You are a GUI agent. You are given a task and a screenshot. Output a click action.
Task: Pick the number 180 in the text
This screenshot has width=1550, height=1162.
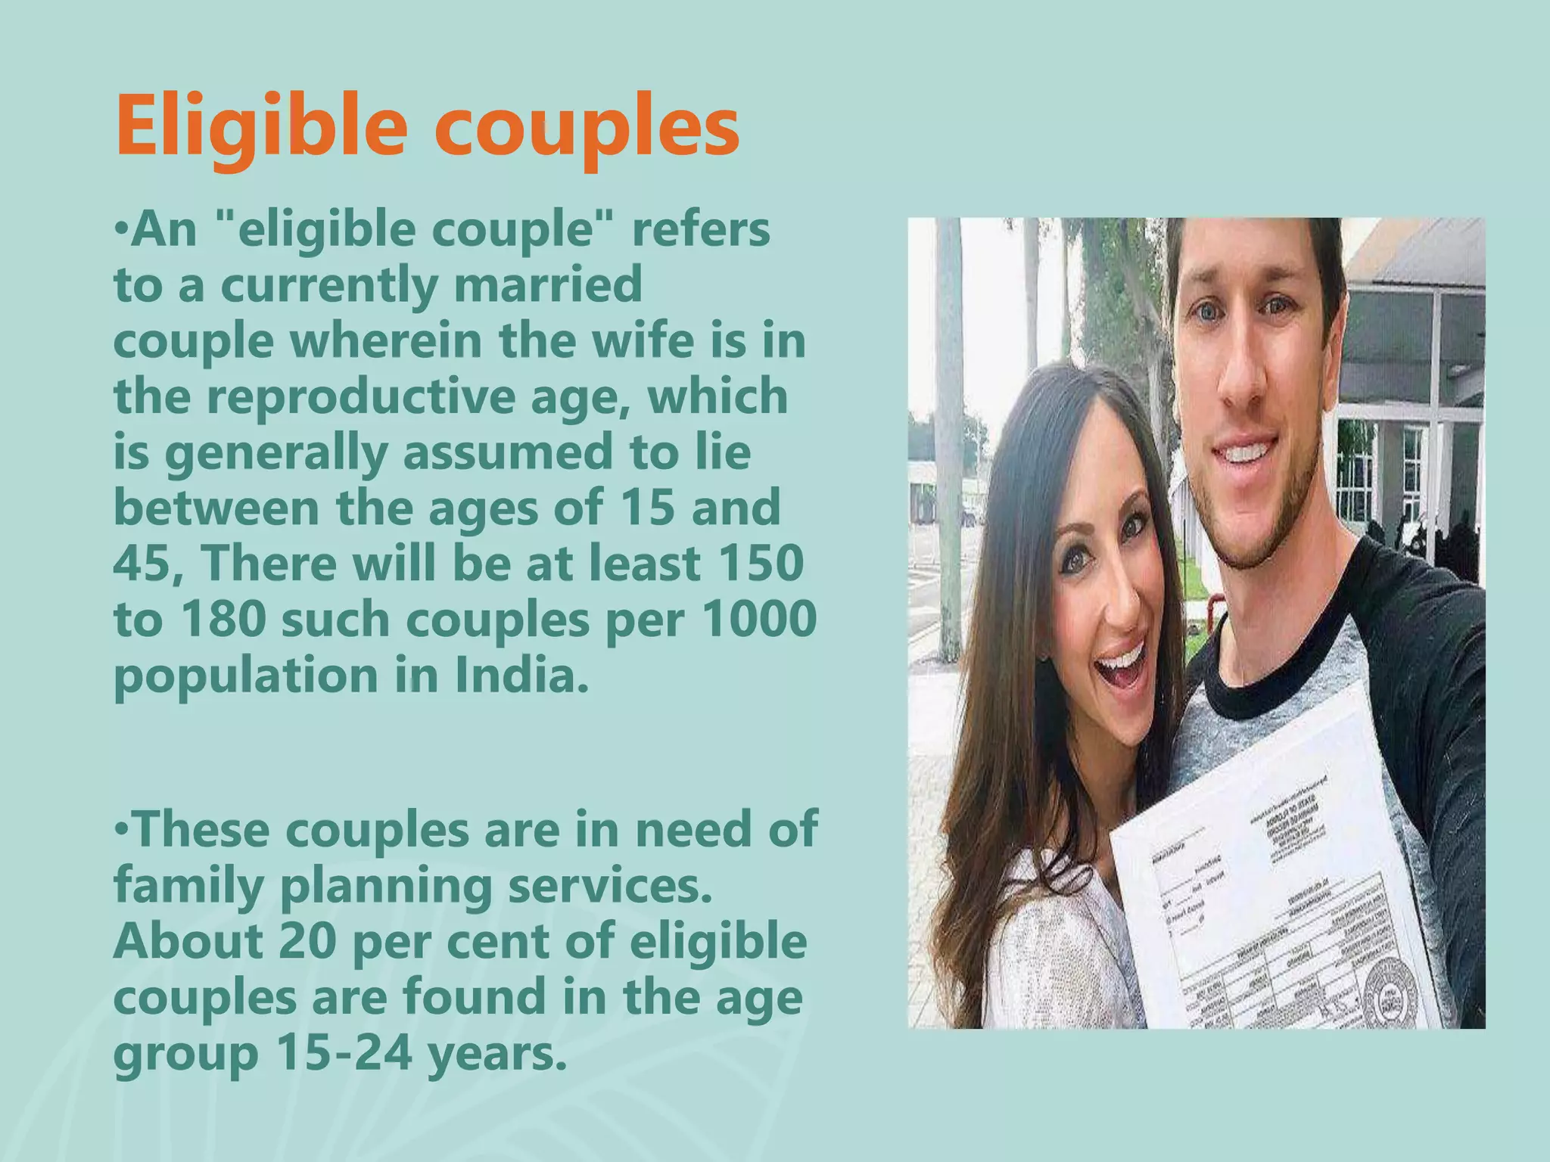(223, 619)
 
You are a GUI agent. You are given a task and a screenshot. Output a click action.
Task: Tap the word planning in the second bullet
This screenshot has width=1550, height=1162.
(387, 885)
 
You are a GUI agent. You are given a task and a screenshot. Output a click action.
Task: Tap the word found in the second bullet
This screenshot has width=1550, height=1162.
(474, 997)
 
